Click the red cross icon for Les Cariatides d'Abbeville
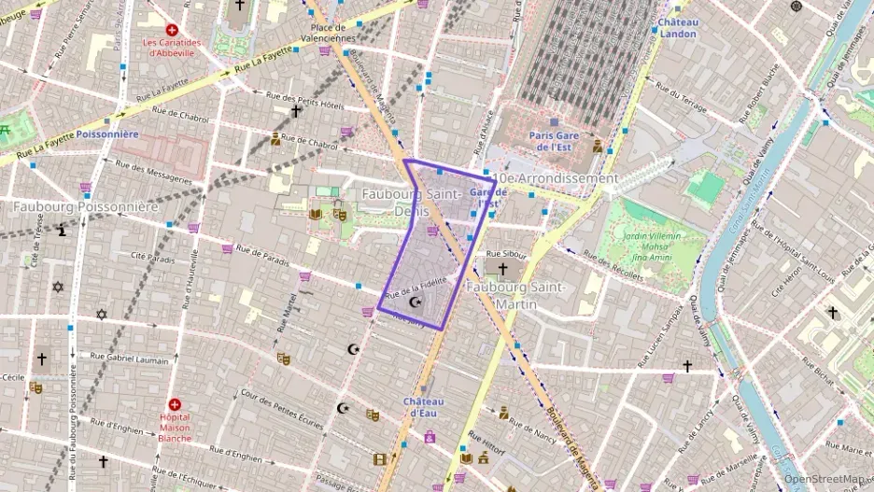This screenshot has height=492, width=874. [x=172, y=30]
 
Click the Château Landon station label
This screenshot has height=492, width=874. [x=677, y=27]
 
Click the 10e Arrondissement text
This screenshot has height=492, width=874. [x=557, y=177]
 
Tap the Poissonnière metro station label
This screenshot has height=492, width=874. [x=108, y=134]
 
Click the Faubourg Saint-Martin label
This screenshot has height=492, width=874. [x=516, y=296]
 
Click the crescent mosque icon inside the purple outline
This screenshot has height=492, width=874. [x=416, y=302]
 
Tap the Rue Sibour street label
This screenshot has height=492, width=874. [x=509, y=253]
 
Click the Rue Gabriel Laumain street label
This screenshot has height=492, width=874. [x=131, y=357]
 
